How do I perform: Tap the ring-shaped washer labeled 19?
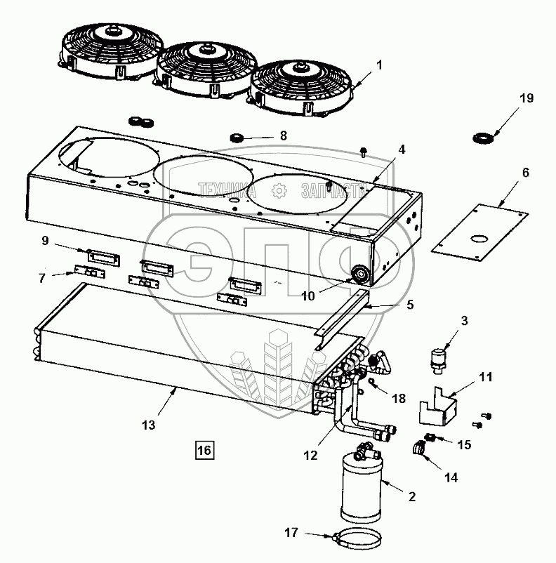tap(483, 138)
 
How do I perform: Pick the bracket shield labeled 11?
tap(436, 407)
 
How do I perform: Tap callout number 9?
tap(45, 240)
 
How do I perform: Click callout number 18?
tap(399, 399)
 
